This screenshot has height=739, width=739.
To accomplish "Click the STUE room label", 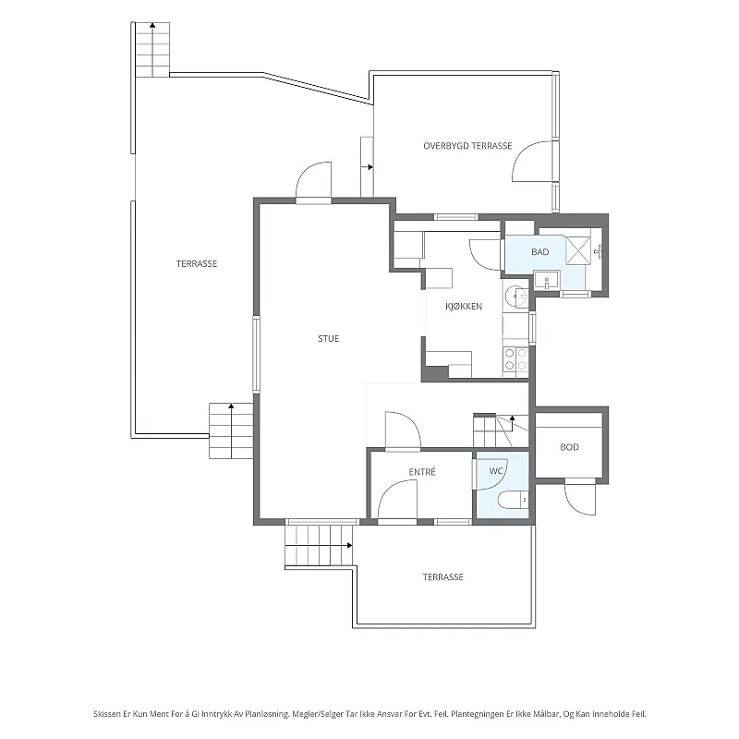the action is point(329,338).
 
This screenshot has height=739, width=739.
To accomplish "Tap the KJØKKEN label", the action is point(464,307).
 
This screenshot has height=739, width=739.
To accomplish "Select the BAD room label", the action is point(540,252).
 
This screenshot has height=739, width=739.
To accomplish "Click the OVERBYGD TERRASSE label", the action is point(467,146).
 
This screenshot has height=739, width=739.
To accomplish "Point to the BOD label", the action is point(569,447).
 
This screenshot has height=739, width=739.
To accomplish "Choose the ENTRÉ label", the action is point(422,472).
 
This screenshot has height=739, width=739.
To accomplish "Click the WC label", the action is point(496,471).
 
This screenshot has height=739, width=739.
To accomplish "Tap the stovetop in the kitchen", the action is point(515,359).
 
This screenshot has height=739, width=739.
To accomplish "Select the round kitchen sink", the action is point(515,297).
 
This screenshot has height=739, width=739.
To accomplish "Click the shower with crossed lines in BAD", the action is point(578,248).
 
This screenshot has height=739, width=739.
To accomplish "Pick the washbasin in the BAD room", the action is point(547,281).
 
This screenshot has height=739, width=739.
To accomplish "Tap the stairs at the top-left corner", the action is point(152,50).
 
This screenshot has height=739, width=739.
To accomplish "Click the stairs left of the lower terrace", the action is point(319,545).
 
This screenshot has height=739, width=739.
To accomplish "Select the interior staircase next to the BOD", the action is point(501,430).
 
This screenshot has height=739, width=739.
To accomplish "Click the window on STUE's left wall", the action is point(257,355).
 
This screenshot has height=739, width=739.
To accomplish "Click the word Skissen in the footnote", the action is point(107,714).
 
